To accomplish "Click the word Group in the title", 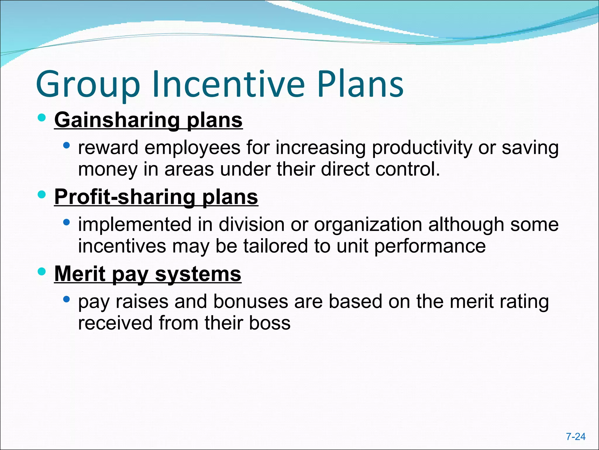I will click(x=88, y=85).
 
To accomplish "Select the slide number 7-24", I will click(x=576, y=437).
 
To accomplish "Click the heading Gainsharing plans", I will click(x=148, y=120).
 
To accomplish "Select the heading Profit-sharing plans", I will click(x=156, y=197).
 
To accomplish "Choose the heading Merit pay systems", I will click(x=148, y=274).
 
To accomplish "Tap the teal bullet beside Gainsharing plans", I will click(x=42, y=118).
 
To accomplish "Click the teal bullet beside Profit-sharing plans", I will click(x=42, y=195).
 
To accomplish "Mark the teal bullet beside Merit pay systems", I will click(x=42, y=272).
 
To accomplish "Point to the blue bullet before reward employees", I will click(x=67, y=145).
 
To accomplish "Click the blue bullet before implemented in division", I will click(x=67, y=222).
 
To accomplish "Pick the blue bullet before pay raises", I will click(x=67, y=299).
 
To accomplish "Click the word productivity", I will click(x=422, y=148).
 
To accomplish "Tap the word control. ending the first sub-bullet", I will click(x=408, y=169).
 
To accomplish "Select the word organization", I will click(x=368, y=225).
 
